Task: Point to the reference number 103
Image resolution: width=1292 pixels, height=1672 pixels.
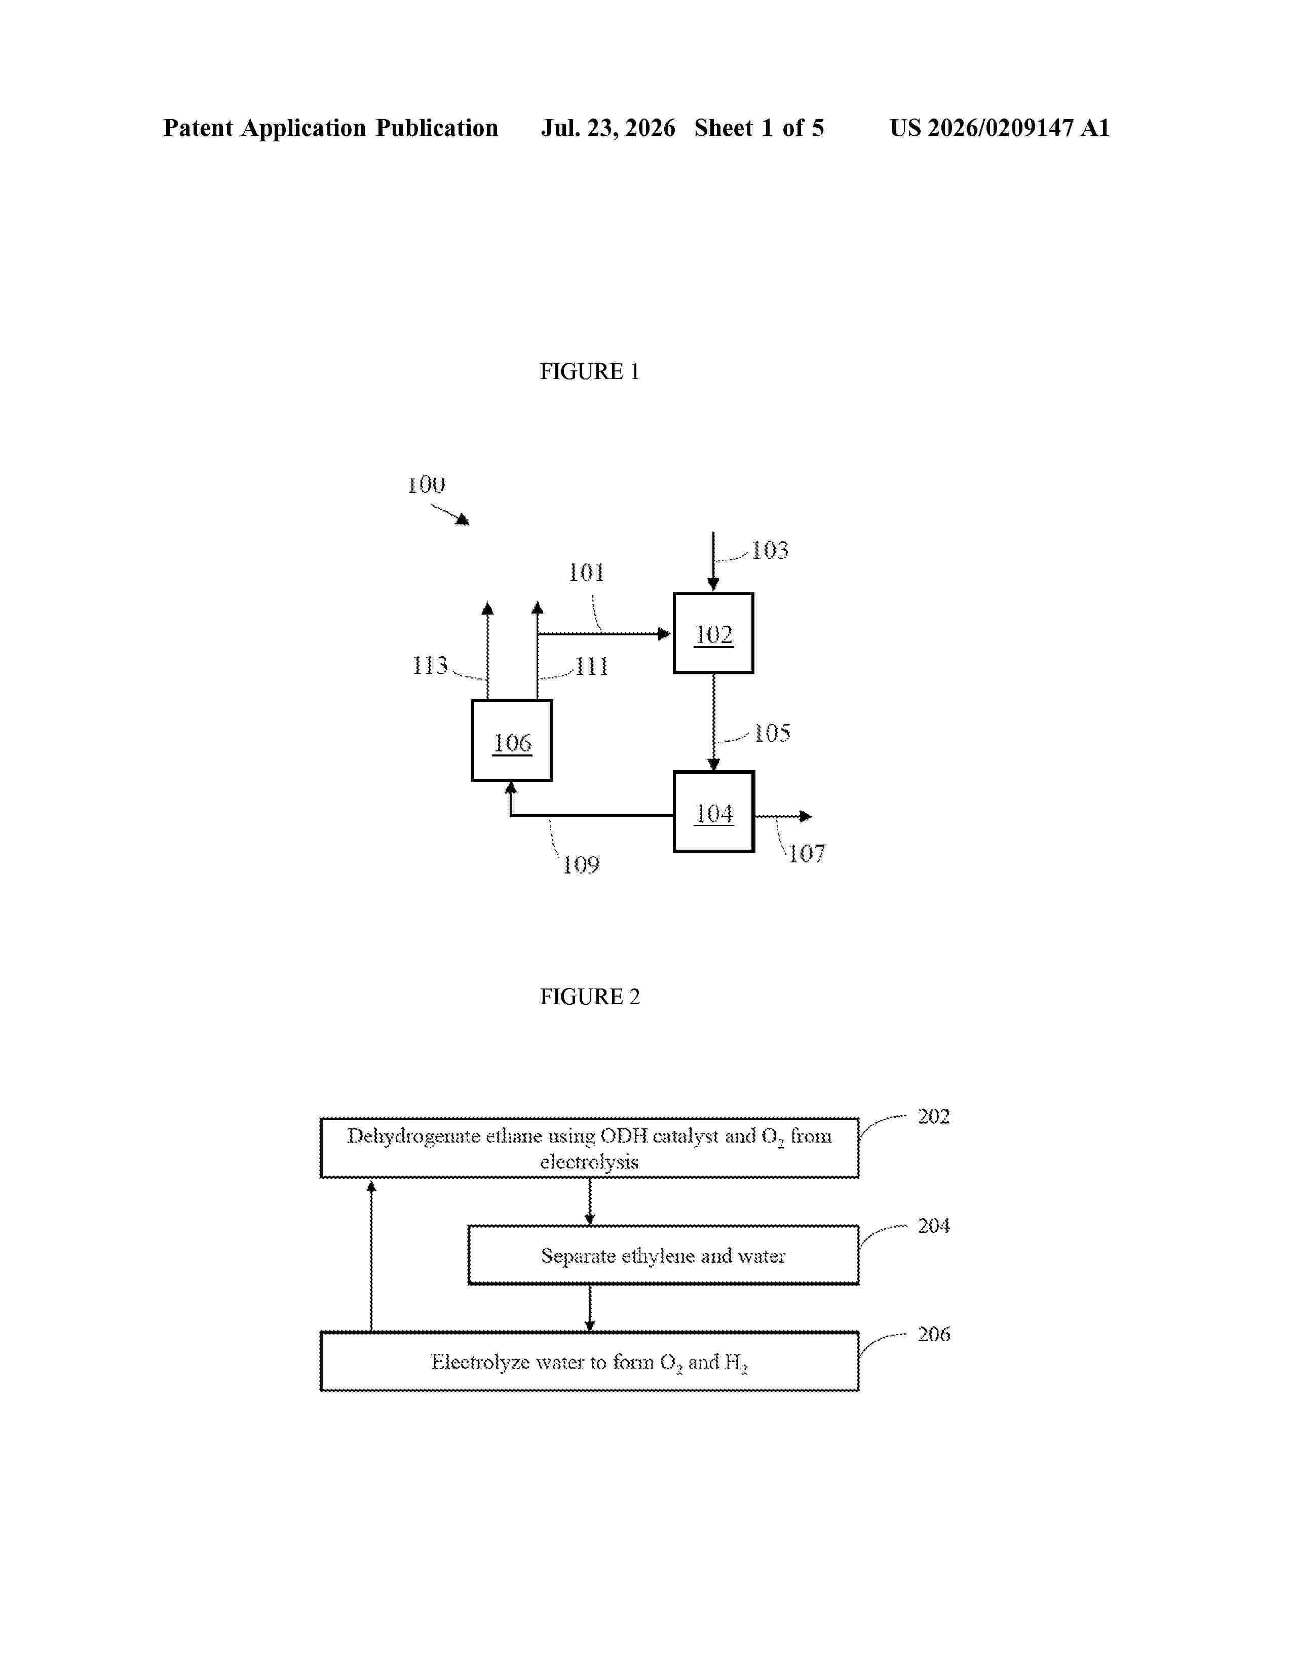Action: coord(770,550)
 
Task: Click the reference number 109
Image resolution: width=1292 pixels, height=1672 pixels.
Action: coord(581,865)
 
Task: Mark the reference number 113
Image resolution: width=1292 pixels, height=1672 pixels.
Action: coord(430,665)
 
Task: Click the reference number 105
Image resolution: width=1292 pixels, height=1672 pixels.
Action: coord(772,733)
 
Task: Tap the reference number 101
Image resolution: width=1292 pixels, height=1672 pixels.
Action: coord(586,572)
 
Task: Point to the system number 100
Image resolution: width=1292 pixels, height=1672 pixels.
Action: coord(426,484)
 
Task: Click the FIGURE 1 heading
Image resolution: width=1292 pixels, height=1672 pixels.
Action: coord(589,371)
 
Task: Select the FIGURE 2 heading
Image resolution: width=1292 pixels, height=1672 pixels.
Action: coord(589,997)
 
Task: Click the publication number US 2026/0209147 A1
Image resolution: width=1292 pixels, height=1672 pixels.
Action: coord(1000,128)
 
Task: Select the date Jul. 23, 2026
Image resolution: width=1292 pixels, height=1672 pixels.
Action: coord(609,128)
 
